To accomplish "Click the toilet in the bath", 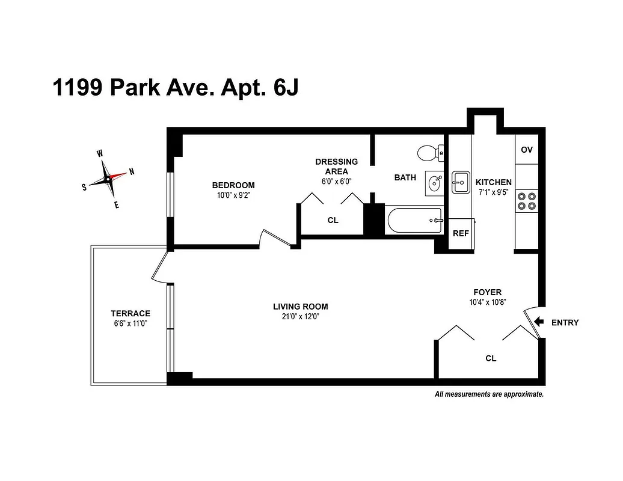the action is [429, 153].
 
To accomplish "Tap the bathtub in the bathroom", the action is [415, 221].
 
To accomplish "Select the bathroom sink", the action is [434, 183].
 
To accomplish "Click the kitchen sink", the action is [461, 182].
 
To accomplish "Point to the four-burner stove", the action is [527, 200].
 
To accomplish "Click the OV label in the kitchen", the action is [527, 150].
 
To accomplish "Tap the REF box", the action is [461, 233].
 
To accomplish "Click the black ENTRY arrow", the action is [539, 322].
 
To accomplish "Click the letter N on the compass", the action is [132, 171].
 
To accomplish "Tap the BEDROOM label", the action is [233, 185].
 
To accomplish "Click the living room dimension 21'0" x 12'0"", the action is [300, 317].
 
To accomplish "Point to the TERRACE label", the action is [130, 313].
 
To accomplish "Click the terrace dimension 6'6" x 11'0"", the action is [130, 323].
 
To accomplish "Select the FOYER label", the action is [487, 292].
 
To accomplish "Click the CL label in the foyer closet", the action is [491, 358].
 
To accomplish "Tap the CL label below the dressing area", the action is [333, 220].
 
